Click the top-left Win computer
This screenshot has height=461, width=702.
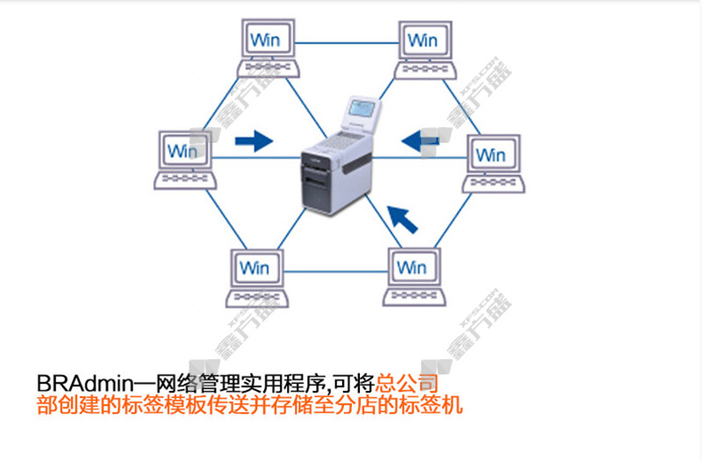(269, 48)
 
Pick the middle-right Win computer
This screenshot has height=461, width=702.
(492, 163)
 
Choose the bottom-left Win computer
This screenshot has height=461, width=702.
(256, 276)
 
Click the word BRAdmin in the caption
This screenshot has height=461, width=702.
(83, 384)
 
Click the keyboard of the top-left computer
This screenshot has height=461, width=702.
(269, 67)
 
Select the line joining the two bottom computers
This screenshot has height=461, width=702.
(334, 272)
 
